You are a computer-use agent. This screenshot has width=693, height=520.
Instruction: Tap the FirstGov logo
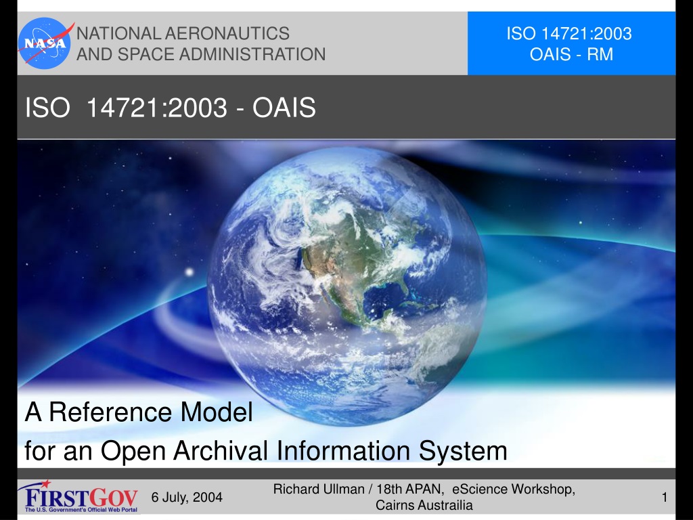coord(78,496)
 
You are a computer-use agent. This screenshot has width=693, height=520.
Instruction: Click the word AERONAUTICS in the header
coord(227,34)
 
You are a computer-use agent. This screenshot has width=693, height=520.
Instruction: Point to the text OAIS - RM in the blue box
coord(571,54)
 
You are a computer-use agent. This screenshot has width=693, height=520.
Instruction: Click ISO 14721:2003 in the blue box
coord(569,34)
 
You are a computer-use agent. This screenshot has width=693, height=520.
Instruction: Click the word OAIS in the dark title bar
coord(284,108)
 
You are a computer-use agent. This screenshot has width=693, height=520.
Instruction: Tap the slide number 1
coord(665,498)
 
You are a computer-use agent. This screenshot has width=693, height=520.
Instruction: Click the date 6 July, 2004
coord(187,498)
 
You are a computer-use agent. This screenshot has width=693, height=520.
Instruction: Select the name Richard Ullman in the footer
coord(318,489)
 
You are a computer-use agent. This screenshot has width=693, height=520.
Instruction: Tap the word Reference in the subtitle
coord(110,412)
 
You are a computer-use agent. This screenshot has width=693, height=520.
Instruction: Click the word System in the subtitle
coord(463,452)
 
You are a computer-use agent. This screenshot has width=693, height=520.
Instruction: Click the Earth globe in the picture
coord(347,286)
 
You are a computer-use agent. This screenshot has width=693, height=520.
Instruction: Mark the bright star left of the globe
coord(189,272)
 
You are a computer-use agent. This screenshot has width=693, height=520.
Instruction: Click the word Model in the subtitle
coord(217,412)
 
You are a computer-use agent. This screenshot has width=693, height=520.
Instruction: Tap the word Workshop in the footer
coord(543,489)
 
